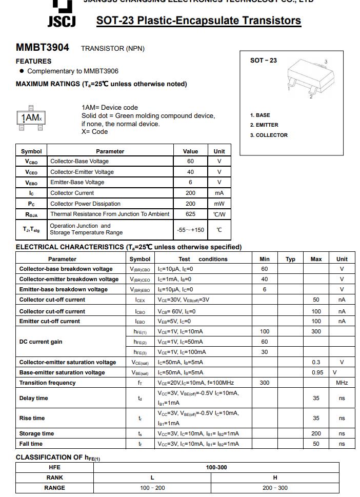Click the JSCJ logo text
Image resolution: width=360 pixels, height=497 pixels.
pyautogui.click(x=62, y=21)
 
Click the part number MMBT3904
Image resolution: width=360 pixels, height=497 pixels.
pyautogui.click(x=42, y=47)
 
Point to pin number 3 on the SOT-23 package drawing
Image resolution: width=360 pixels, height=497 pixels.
pyautogui.click(x=326, y=62)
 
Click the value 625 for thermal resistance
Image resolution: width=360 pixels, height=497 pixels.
pyautogui.click(x=190, y=214)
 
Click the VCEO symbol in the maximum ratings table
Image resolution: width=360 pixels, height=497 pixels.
pyautogui.click(x=31, y=172)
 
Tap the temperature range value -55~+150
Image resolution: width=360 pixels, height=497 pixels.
pyautogui.click(x=190, y=230)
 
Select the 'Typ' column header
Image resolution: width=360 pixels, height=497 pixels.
pyautogui.click(x=290, y=259)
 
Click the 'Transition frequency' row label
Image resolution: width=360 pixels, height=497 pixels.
pyautogui.click(x=47, y=383)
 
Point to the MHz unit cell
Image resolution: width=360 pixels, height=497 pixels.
pyautogui.click(x=342, y=383)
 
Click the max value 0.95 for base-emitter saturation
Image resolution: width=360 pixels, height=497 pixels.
pyautogui.click(x=317, y=373)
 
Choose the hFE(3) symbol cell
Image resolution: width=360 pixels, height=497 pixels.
pyautogui.click(x=140, y=352)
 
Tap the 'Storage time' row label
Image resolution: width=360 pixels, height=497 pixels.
pyautogui.click(x=36, y=434)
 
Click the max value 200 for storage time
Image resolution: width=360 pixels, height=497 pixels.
pyautogui.click(x=316, y=434)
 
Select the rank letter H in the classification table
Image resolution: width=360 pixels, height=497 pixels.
pyautogui.click(x=275, y=478)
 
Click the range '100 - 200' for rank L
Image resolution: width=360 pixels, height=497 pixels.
pyautogui.click(x=152, y=488)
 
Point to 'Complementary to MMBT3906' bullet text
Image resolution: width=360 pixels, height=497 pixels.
pyautogui.click(x=72, y=71)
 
